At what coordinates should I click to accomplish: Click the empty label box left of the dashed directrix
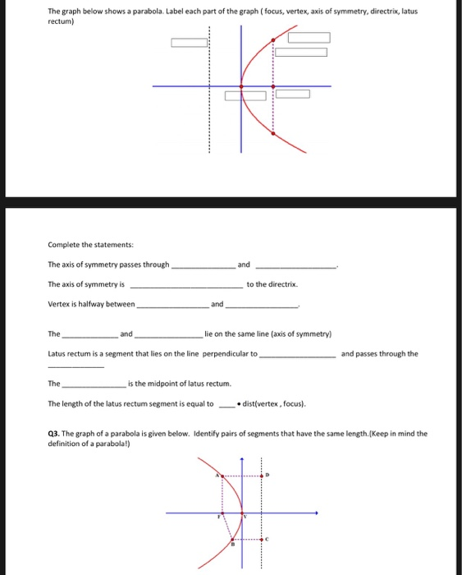[x=189, y=43]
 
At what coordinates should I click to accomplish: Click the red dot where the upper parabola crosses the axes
[x=241, y=86]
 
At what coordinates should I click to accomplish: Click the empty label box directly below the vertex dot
[x=234, y=95]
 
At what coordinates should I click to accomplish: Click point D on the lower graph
[x=263, y=476]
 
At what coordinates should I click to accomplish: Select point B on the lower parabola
[x=231, y=540]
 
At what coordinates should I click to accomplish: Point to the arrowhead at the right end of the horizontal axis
[x=317, y=514]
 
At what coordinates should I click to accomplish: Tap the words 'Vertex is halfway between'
[x=90, y=304]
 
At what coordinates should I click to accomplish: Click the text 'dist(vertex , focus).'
[x=274, y=404]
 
